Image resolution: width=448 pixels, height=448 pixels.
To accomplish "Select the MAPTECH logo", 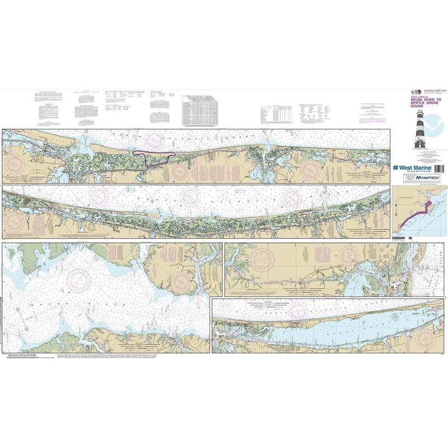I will coord(430,178).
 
